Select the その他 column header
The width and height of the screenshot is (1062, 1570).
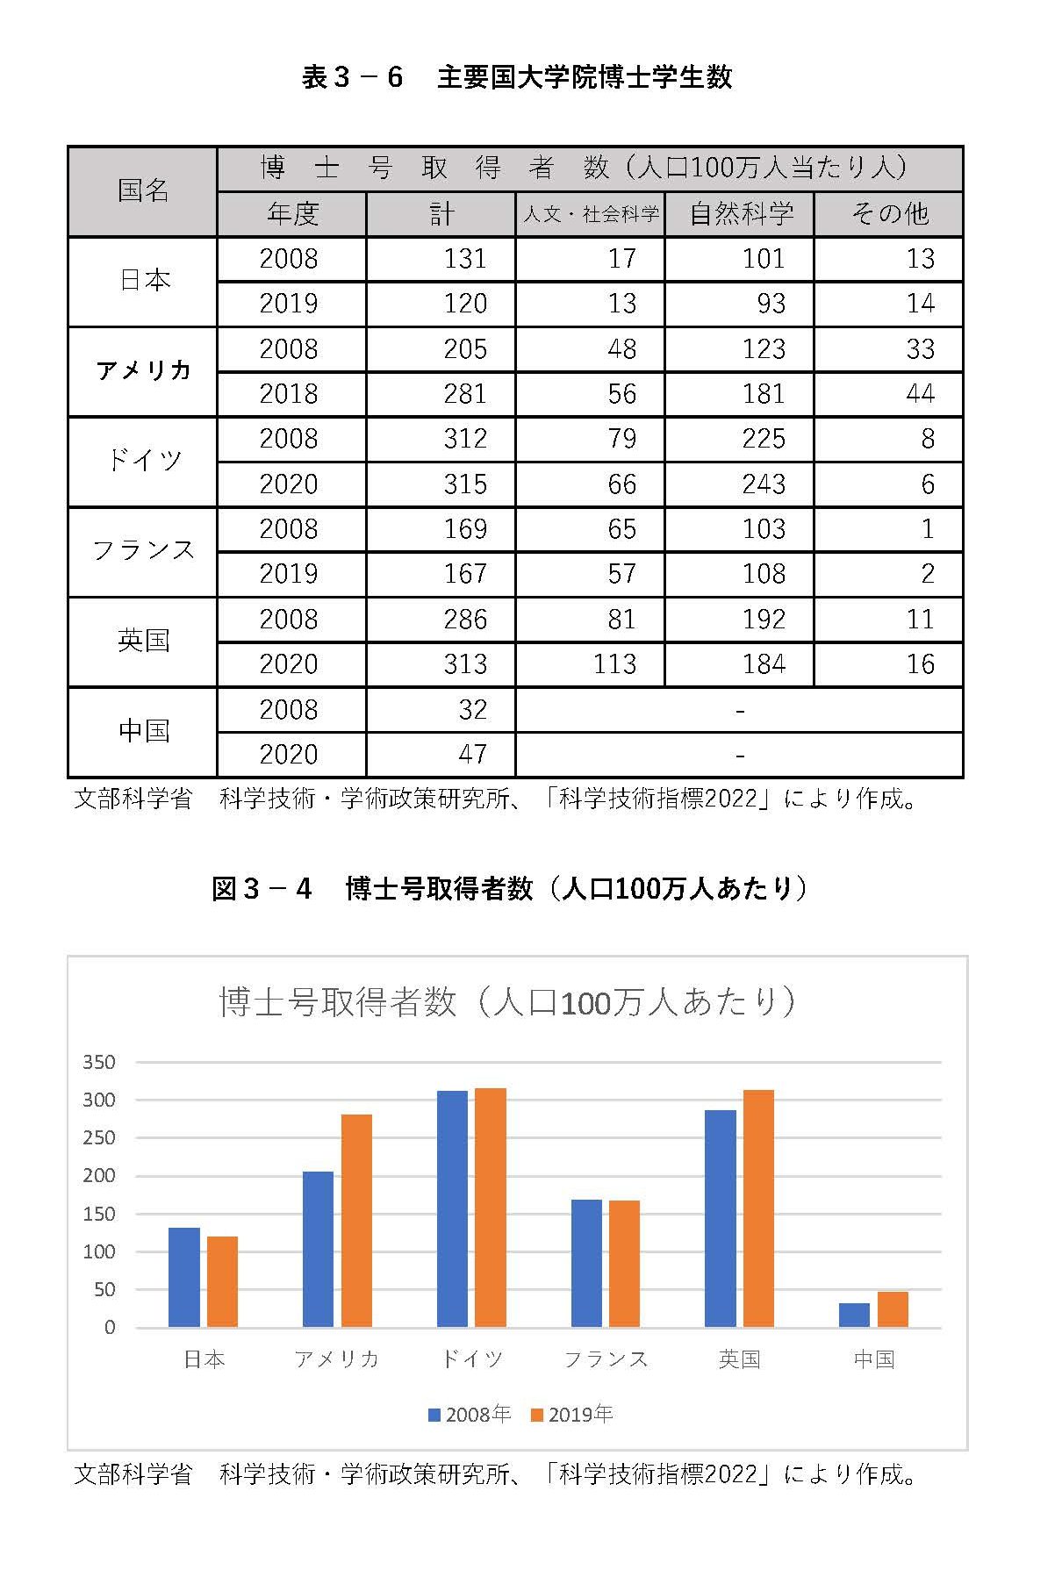pyautogui.click(x=888, y=214)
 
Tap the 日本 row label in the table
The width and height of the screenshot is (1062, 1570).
pyautogui.click(x=143, y=281)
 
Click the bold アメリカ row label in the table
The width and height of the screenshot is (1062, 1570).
pyautogui.click(x=143, y=371)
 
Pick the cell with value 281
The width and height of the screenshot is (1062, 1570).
pyautogui.click(x=464, y=394)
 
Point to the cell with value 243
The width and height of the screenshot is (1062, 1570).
pyautogui.click(x=763, y=484)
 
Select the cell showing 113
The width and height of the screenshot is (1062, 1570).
pyautogui.click(x=614, y=664)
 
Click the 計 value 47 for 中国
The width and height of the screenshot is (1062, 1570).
pyautogui.click(x=472, y=755)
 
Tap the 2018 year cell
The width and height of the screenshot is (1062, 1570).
pyautogui.click(x=288, y=394)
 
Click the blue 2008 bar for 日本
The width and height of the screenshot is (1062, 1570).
pyautogui.click(x=184, y=1277)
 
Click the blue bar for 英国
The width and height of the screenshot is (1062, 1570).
pyautogui.click(x=720, y=1218)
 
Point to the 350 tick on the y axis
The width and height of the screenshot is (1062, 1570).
pyautogui.click(x=99, y=1063)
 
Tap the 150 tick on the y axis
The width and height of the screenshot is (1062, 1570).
pyautogui.click(x=99, y=1215)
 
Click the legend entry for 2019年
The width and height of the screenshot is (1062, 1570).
pyautogui.click(x=572, y=1415)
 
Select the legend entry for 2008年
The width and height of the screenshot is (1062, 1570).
pyautogui.click(x=470, y=1415)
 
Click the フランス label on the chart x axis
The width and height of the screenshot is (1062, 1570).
pyautogui.click(x=606, y=1359)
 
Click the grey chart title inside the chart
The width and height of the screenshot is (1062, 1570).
pyautogui.click(x=508, y=1001)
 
